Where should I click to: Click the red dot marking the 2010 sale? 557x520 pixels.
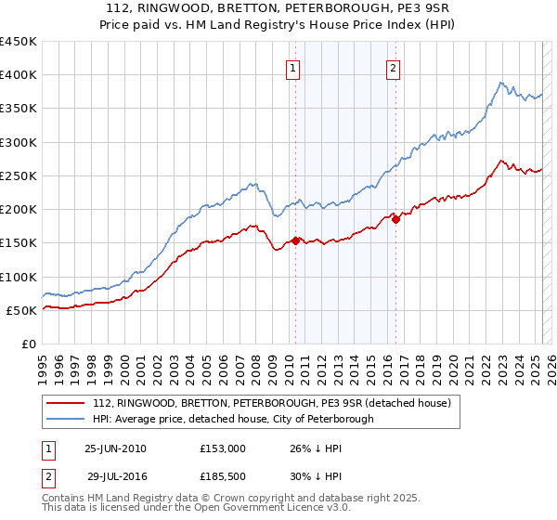pos(296,240)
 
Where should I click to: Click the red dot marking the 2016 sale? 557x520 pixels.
pos(395,219)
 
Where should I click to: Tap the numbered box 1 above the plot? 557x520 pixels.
pos(293,67)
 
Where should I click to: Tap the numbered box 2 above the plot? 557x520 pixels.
pos(394,67)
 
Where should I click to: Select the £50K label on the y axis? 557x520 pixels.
pos(21,310)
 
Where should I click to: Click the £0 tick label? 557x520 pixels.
pos(28,344)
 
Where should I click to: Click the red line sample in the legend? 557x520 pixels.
pos(66,403)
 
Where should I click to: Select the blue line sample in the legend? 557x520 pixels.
pos(66,419)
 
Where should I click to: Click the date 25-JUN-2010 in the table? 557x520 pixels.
pos(115,448)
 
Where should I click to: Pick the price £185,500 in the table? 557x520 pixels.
pos(229,475)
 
